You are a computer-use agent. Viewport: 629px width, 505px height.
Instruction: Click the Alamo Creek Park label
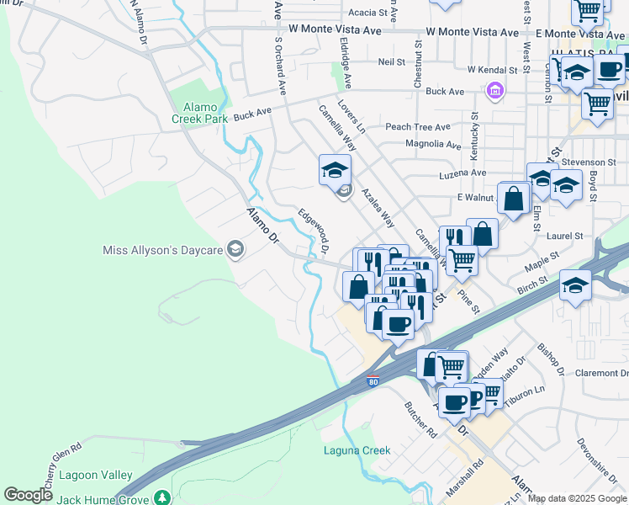200,113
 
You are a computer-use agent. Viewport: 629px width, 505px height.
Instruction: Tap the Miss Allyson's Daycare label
161,250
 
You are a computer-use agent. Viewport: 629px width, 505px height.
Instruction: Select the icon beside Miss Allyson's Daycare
235,248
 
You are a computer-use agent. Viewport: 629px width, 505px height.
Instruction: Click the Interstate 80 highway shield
373,382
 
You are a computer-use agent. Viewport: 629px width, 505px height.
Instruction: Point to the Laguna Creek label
357,450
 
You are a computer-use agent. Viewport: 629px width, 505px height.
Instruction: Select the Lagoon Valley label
97,475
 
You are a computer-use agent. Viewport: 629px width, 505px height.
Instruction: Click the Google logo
28,495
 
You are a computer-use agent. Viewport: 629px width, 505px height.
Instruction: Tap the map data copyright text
577,498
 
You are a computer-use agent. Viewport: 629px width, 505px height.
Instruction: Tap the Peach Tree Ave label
418,127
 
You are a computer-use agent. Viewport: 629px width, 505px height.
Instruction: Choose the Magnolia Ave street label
433,144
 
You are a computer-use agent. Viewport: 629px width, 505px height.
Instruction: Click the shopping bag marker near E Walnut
513,200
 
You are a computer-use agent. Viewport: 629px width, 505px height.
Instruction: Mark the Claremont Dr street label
601,373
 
